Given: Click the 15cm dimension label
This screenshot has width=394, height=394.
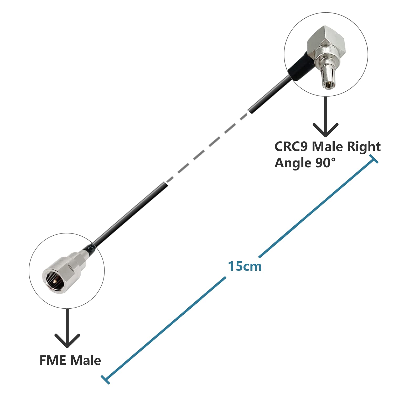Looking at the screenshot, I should coord(245,266).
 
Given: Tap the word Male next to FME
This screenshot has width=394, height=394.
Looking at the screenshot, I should coord(86,360).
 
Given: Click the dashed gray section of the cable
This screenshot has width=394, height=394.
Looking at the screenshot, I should coord(208,147).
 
